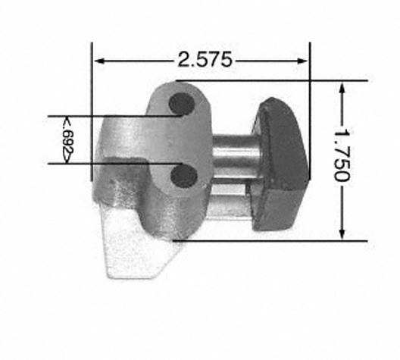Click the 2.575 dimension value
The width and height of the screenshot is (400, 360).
point(205,59)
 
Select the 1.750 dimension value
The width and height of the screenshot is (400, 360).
point(342,155)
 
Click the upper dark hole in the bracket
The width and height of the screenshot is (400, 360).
point(182,104)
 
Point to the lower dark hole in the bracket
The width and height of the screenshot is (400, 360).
point(184,176)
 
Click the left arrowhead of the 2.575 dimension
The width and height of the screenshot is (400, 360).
point(99,61)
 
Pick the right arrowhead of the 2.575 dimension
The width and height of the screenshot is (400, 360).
point(302,61)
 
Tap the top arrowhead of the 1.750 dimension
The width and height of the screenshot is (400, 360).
point(342,88)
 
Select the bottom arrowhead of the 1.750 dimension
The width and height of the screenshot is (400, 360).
point(342,233)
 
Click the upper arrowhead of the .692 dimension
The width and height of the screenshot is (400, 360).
point(66,121)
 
